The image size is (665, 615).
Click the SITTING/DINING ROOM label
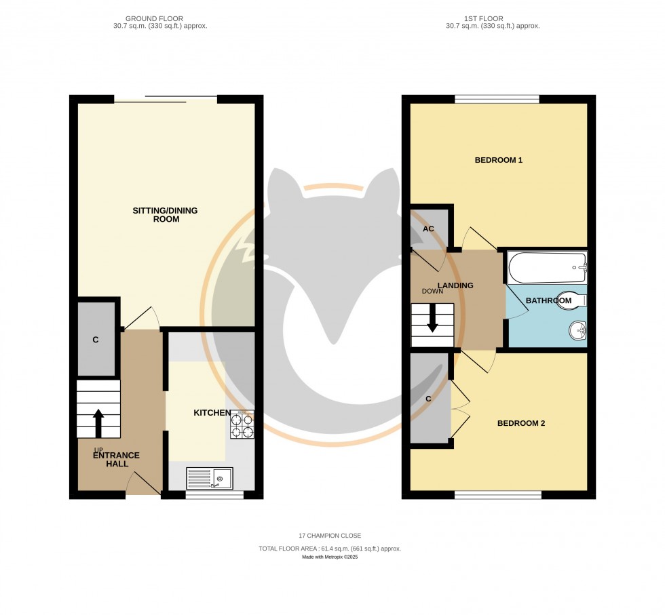point(166,215)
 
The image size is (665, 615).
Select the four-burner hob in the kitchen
point(242,424)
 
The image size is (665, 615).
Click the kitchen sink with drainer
point(210,479)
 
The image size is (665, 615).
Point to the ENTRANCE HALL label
point(116,459)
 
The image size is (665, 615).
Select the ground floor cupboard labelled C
point(96,340)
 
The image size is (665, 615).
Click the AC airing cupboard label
point(428,229)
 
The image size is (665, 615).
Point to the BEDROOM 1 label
point(498,160)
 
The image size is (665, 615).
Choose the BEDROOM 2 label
point(521,423)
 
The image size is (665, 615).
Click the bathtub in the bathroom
point(546,268)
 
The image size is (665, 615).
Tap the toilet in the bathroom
point(570,300)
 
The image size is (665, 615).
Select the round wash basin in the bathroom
point(577,332)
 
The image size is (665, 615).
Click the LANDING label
point(455,285)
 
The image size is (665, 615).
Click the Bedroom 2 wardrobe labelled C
point(429,399)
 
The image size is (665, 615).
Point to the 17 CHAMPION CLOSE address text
point(330,536)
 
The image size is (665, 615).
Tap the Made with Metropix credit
point(330,557)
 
